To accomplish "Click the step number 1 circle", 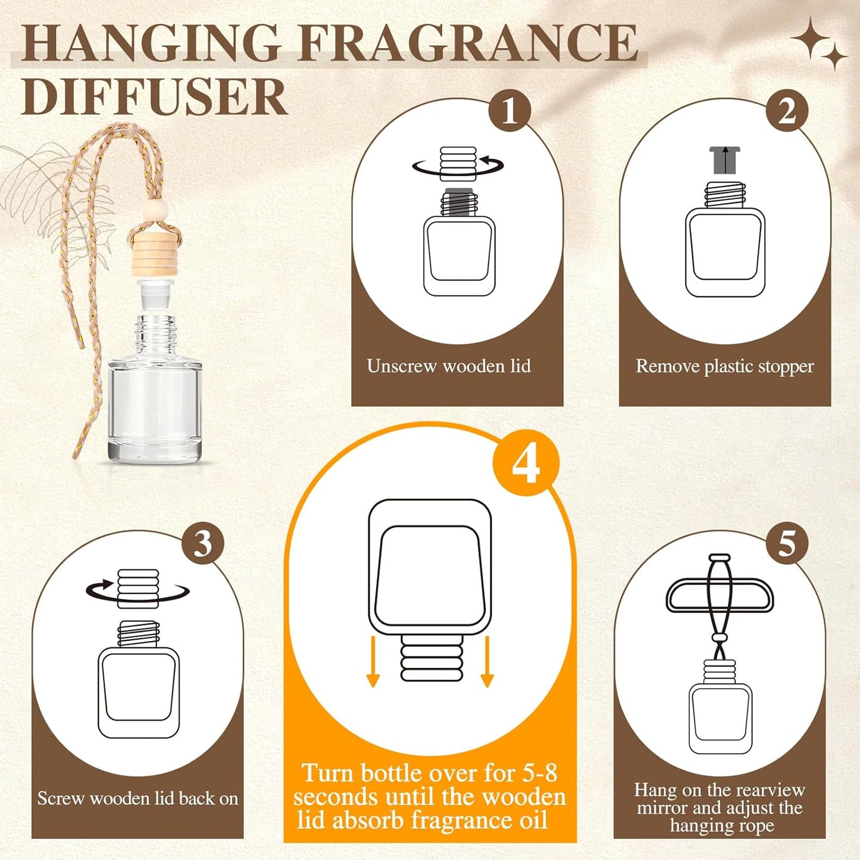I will pos(509,110).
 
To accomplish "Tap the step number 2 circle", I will pos(787,110).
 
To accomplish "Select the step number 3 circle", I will pos(203,543).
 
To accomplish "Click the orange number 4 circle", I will pos(526,464).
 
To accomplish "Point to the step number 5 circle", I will pos(787,543).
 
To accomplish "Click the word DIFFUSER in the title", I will pos(154,96).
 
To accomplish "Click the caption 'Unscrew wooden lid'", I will pos(449,365).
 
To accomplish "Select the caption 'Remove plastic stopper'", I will pos(724,366).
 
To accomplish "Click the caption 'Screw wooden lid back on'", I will pos(137,798).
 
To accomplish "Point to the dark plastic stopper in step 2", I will pos(724,160).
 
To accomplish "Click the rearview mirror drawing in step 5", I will pos(720,595).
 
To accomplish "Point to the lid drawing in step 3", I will pos(137,589).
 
